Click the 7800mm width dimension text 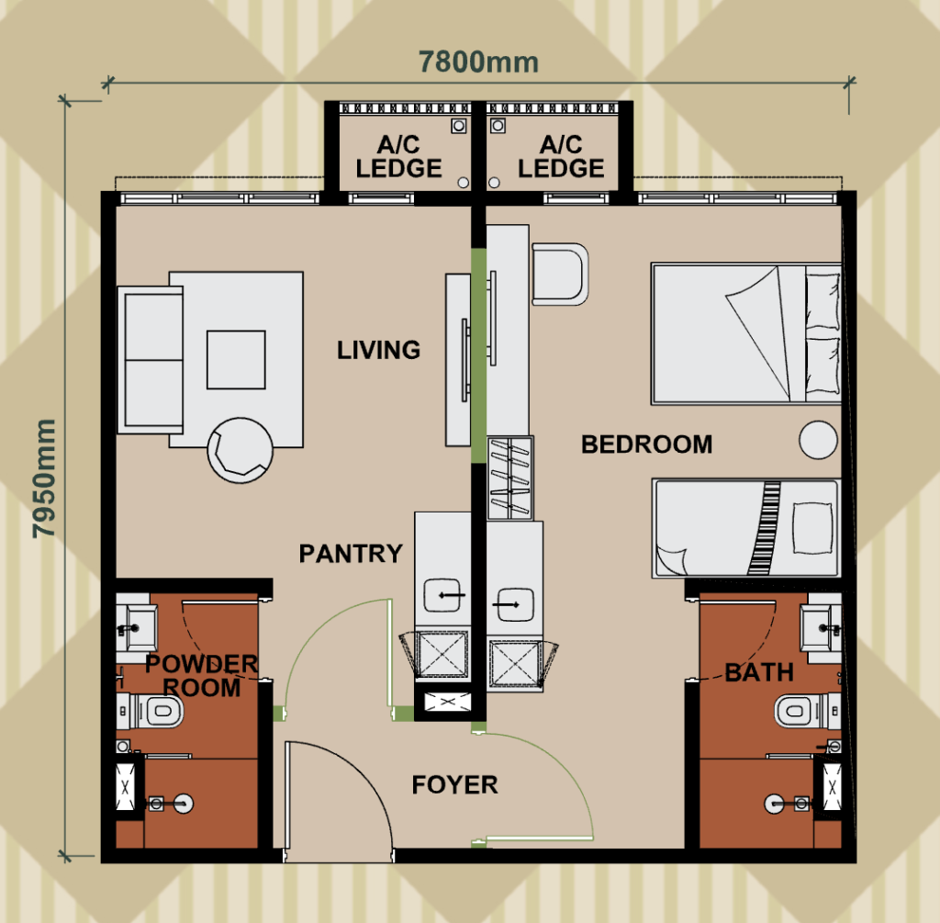click(x=478, y=62)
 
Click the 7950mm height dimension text click(x=43, y=479)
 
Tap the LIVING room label click(x=378, y=350)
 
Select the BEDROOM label click(x=646, y=445)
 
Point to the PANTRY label click(x=351, y=554)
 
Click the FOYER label click(x=454, y=785)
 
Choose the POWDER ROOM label click(x=201, y=675)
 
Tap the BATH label click(x=758, y=673)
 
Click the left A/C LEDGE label click(x=398, y=158)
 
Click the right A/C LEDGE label click(x=560, y=158)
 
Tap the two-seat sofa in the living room click(x=152, y=358)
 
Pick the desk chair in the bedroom click(x=560, y=274)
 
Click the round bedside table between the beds click(x=819, y=442)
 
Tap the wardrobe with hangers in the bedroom click(x=509, y=478)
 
